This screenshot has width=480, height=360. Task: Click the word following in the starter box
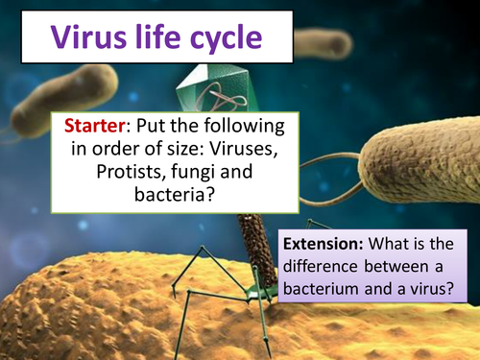click(x=238, y=127)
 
